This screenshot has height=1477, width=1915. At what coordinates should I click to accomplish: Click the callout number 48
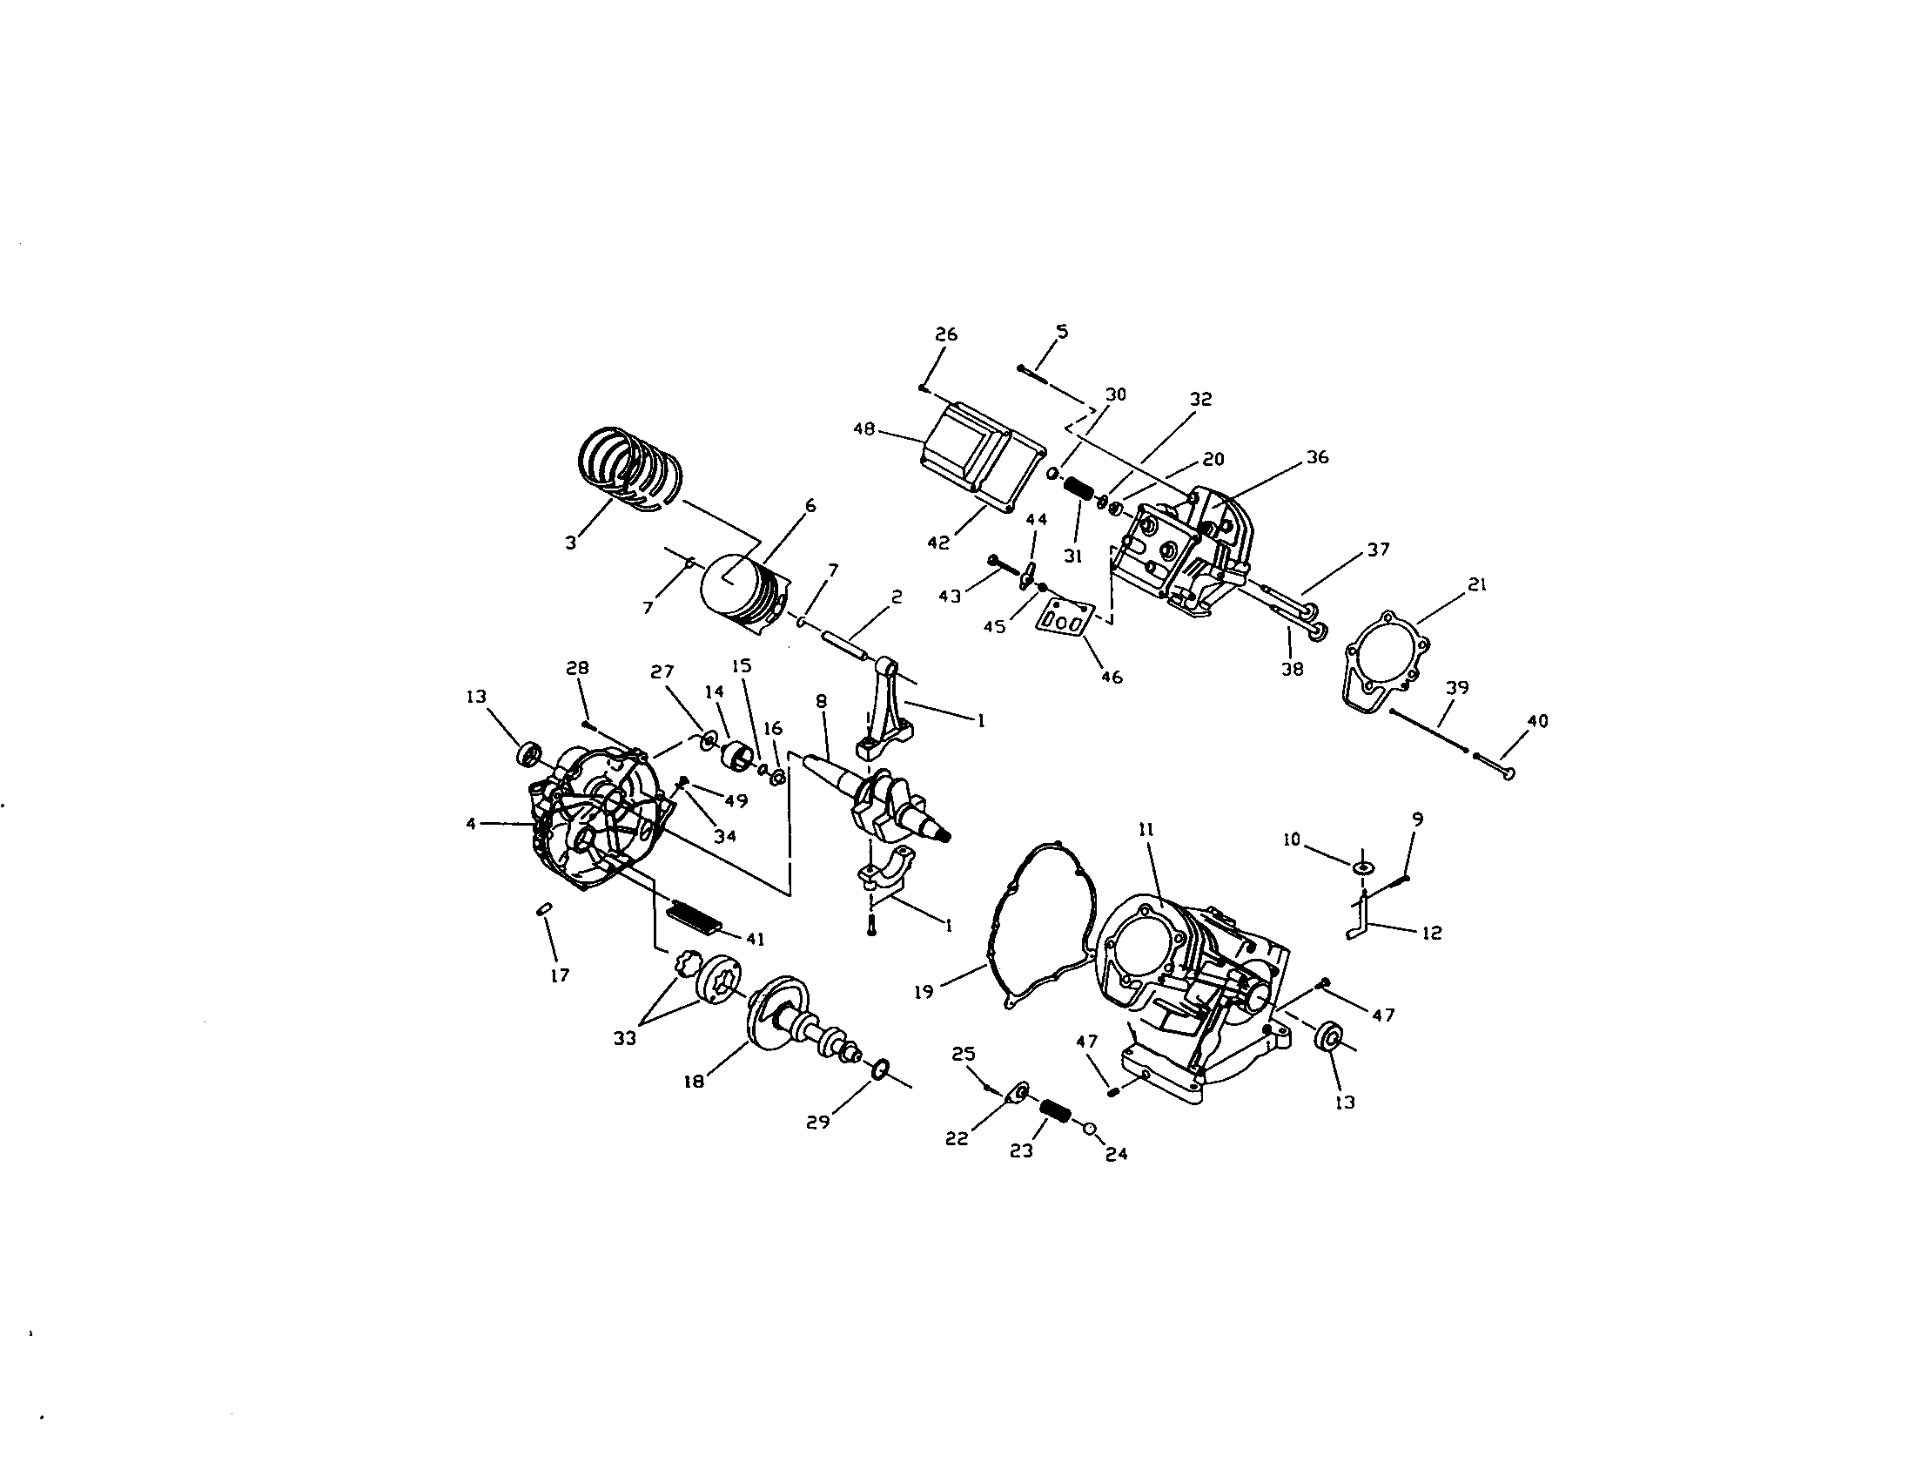864,429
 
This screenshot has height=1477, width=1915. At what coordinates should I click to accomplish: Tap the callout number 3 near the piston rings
571,543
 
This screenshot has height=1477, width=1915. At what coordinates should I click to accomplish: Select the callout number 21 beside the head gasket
1477,585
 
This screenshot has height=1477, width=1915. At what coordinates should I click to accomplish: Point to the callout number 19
924,992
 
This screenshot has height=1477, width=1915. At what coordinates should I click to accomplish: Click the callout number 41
755,940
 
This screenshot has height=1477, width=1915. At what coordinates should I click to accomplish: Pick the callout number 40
1537,721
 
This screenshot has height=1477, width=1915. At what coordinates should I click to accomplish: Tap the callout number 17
560,975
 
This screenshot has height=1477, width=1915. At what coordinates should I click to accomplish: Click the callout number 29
818,1122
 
